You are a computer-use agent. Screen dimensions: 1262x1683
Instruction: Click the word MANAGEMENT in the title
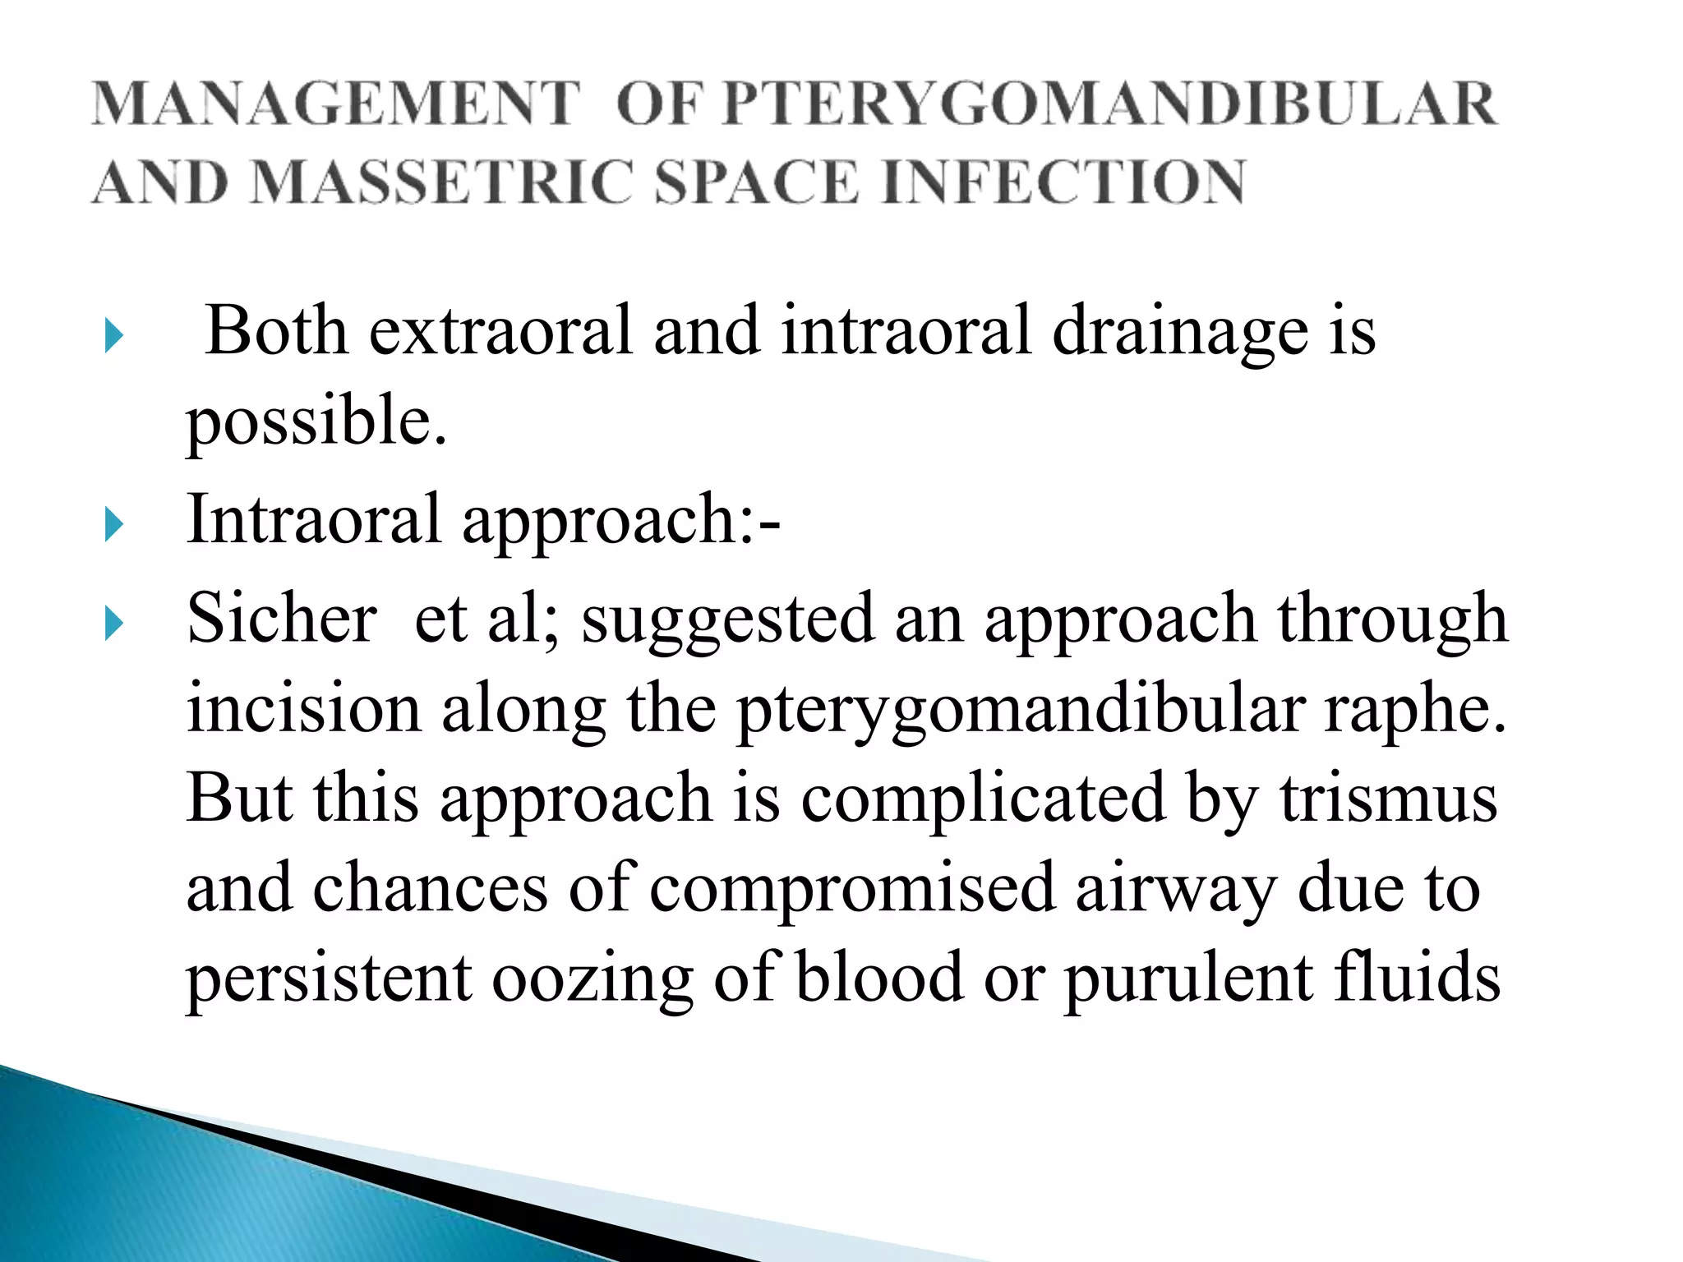click(335, 104)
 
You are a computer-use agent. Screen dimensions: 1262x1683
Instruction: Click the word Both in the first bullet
click(277, 330)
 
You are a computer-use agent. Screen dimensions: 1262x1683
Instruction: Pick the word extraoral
click(501, 330)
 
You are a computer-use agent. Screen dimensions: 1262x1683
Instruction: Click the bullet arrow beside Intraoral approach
click(114, 525)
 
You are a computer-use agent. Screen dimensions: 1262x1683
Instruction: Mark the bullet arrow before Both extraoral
click(114, 337)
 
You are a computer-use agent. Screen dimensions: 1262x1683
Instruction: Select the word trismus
click(1389, 799)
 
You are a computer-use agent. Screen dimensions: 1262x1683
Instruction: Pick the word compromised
click(852, 890)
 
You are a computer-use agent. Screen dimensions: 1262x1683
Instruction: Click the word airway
click(1176, 890)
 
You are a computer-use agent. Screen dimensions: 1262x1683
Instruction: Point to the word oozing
click(593, 979)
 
